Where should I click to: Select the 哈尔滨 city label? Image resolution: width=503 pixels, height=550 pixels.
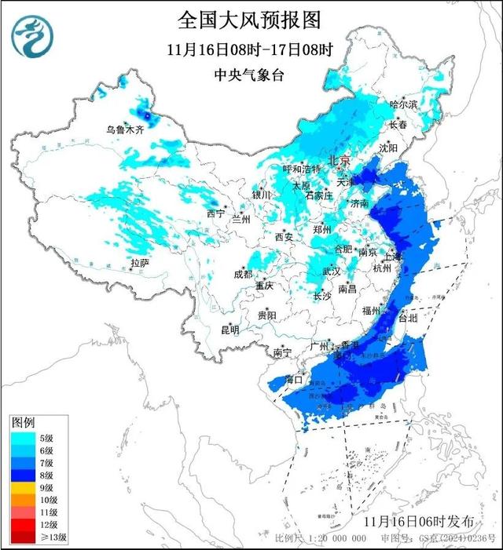[404, 104]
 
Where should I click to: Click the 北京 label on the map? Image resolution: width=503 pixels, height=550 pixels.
[338, 159]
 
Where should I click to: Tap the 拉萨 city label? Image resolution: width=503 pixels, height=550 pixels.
[139, 263]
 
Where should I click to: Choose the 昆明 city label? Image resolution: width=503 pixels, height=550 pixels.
[229, 330]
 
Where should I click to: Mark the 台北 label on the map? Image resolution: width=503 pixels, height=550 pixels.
[409, 319]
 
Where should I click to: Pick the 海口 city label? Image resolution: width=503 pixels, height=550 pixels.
[295, 379]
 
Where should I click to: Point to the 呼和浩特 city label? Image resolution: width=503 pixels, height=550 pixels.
[302, 169]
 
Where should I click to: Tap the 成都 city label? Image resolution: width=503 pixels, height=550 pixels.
[243, 274]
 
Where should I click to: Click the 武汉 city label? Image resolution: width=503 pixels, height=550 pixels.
[330, 271]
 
